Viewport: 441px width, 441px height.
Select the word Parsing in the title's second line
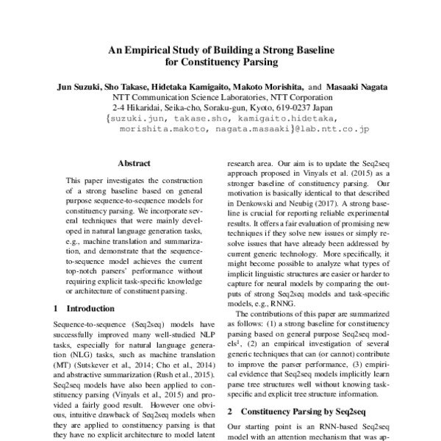(252, 63)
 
